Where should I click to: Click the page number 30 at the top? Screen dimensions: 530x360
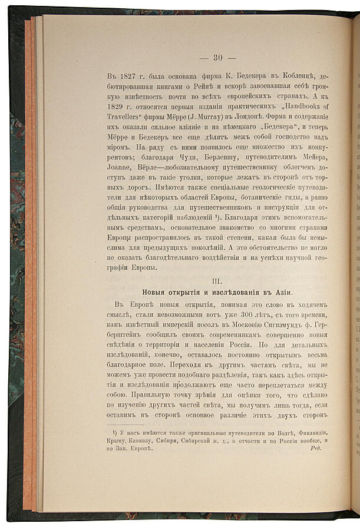(x=217, y=57)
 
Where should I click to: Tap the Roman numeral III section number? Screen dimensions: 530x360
(x=217, y=280)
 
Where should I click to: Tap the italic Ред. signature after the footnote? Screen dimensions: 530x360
(x=317, y=448)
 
